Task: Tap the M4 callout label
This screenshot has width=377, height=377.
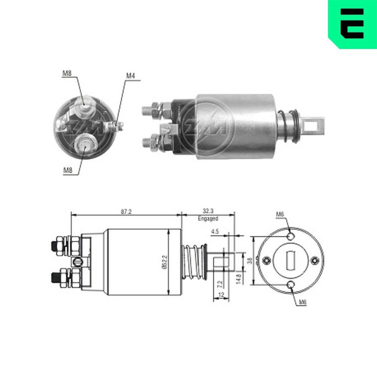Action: (130, 76)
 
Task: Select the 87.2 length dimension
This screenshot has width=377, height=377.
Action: (126, 212)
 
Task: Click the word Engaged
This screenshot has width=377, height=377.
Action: (208, 218)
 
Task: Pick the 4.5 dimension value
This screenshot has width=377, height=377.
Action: (215, 232)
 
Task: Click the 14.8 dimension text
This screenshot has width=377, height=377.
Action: (238, 279)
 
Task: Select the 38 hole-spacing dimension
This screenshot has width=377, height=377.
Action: (249, 261)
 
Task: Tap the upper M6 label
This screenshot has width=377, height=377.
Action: (280, 214)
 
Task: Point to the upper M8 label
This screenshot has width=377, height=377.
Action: (67, 74)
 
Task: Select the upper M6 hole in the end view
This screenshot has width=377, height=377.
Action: (291, 237)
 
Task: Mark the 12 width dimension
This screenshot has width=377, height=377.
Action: (222, 294)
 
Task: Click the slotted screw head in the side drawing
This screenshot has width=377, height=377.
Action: (78, 261)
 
